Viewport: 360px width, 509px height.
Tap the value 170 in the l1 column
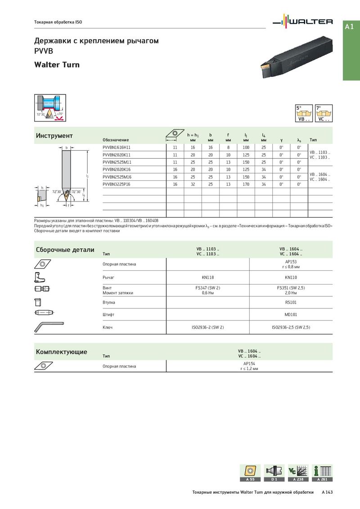tap(246, 184)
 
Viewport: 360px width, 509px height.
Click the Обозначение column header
tap(116, 140)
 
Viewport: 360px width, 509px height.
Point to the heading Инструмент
tap(54, 136)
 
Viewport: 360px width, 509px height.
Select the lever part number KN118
tap(207, 278)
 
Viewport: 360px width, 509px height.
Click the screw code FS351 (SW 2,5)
tap(291, 287)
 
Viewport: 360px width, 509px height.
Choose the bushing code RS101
tap(291, 303)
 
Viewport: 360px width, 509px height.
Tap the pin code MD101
tap(291, 315)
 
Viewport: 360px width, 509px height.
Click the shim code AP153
tap(291, 261)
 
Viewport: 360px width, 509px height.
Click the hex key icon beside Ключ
tap(48, 327)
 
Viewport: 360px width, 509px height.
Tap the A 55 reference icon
tap(250, 473)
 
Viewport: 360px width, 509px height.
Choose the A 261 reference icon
tap(322, 473)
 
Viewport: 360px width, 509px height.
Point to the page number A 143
tap(327, 493)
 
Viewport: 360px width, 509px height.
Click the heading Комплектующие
tap(61, 352)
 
